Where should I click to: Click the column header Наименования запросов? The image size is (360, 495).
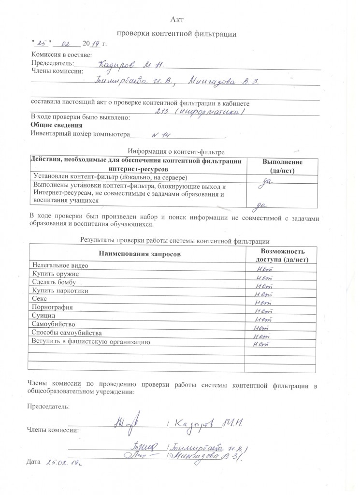coord(137,254)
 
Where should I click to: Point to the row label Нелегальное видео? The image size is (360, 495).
coord(60,265)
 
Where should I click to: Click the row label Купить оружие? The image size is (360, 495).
coord(55,275)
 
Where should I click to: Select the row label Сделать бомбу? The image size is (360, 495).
coord(55,283)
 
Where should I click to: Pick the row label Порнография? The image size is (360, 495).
coord(52,307)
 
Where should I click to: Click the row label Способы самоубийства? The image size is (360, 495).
coord(67,333)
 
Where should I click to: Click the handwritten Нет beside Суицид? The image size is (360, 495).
coord(264,319)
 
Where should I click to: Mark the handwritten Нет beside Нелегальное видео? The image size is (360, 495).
coord(264,267)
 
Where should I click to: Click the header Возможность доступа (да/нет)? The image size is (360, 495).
coord(282,255)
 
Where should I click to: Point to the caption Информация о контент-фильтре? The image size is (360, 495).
coord(176,152)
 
